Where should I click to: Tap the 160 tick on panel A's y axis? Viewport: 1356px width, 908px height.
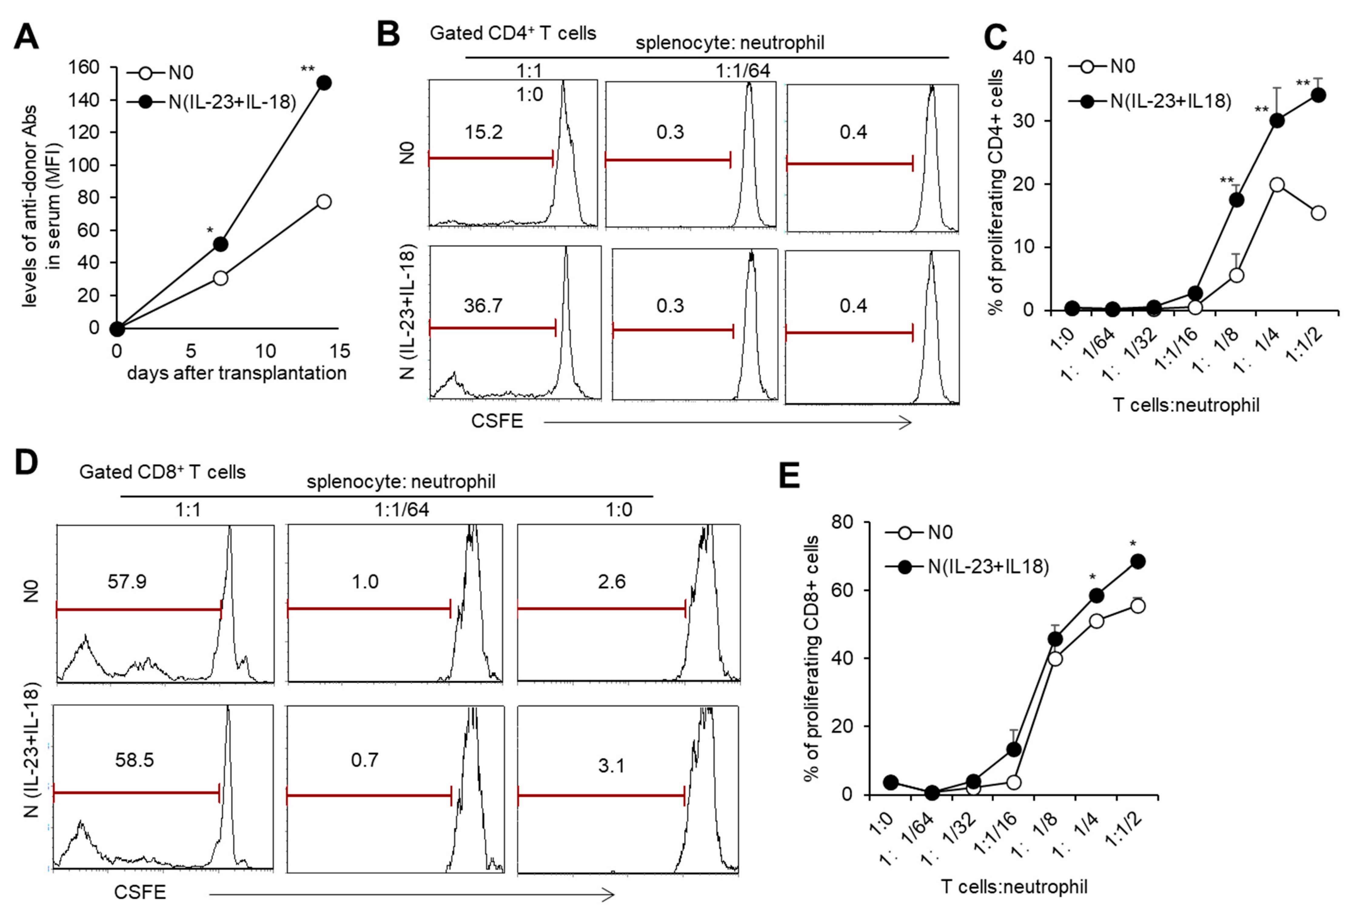(x=84, y=67)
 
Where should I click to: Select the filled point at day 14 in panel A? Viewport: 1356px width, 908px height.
(x=324, y=83)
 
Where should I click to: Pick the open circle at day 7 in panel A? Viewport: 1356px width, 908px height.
(x=220, y=278)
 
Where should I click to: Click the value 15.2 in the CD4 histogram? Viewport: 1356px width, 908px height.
(x=484, y=132)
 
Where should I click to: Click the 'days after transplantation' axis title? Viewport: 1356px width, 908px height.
(x=237, y=373)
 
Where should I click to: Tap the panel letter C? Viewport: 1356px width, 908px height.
(x=995, y=37)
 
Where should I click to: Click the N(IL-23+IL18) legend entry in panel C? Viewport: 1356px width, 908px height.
(x=1170, y=101)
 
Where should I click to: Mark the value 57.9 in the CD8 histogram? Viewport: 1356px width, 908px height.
(x=127, y=581)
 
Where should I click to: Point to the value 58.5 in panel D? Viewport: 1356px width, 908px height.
(x=134, y=760)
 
